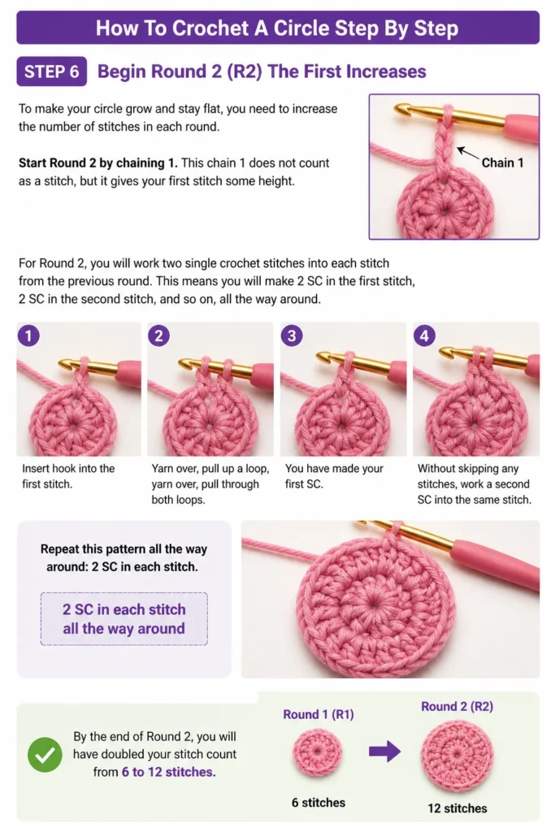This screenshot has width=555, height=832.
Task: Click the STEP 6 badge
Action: [x=51, y=71]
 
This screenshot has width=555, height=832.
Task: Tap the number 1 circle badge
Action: [x=28, y=336]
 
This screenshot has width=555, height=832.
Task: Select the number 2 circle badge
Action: [x=158, y=336]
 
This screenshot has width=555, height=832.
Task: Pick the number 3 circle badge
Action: [x=291, y=336]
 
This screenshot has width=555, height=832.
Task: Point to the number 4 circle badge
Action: [x=424, y=336]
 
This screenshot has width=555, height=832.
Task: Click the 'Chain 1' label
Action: [x=502, y=162]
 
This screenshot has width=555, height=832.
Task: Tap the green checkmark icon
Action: [x=46, y=754]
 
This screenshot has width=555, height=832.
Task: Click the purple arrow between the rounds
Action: [x=384, y=751]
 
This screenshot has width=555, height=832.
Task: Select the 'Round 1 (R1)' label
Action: [x=319, y=714]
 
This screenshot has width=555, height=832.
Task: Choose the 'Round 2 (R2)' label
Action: [x=457, y=706]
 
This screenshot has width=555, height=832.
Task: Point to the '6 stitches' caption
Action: [x=319, y=802]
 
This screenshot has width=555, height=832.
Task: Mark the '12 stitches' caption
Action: [x=457, y=808]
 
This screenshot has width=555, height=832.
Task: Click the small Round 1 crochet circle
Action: [x=317, y=752]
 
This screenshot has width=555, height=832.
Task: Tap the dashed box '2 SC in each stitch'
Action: [x=124, y=618]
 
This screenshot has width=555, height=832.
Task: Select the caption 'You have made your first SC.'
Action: [x=334, y=476]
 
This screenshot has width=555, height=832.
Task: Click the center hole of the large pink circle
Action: [x=375, y=605]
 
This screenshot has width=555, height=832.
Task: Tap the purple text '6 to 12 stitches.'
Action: [x=169, y=772]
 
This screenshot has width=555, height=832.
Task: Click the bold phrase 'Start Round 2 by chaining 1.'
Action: [x=98, y=162]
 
